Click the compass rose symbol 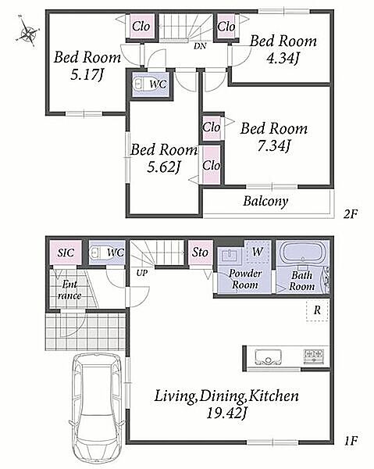pos(28,31)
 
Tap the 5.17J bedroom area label pos(87,75)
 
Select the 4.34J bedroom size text pos(283,59)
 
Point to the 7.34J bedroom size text pos(274,146)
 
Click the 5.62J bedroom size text pos(164,167)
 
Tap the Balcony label pos(265,201)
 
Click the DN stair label pos(200,46)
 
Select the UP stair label pos(142,273)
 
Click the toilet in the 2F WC pos(139,84)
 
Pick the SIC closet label pos(66,252)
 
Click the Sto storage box pos(200,252)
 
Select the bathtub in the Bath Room pos(303,253)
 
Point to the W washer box pos(257,252)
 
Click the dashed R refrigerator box pos(317,310)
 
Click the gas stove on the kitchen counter pos(314,356)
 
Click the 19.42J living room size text pos(226,414)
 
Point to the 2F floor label pos(350,213)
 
